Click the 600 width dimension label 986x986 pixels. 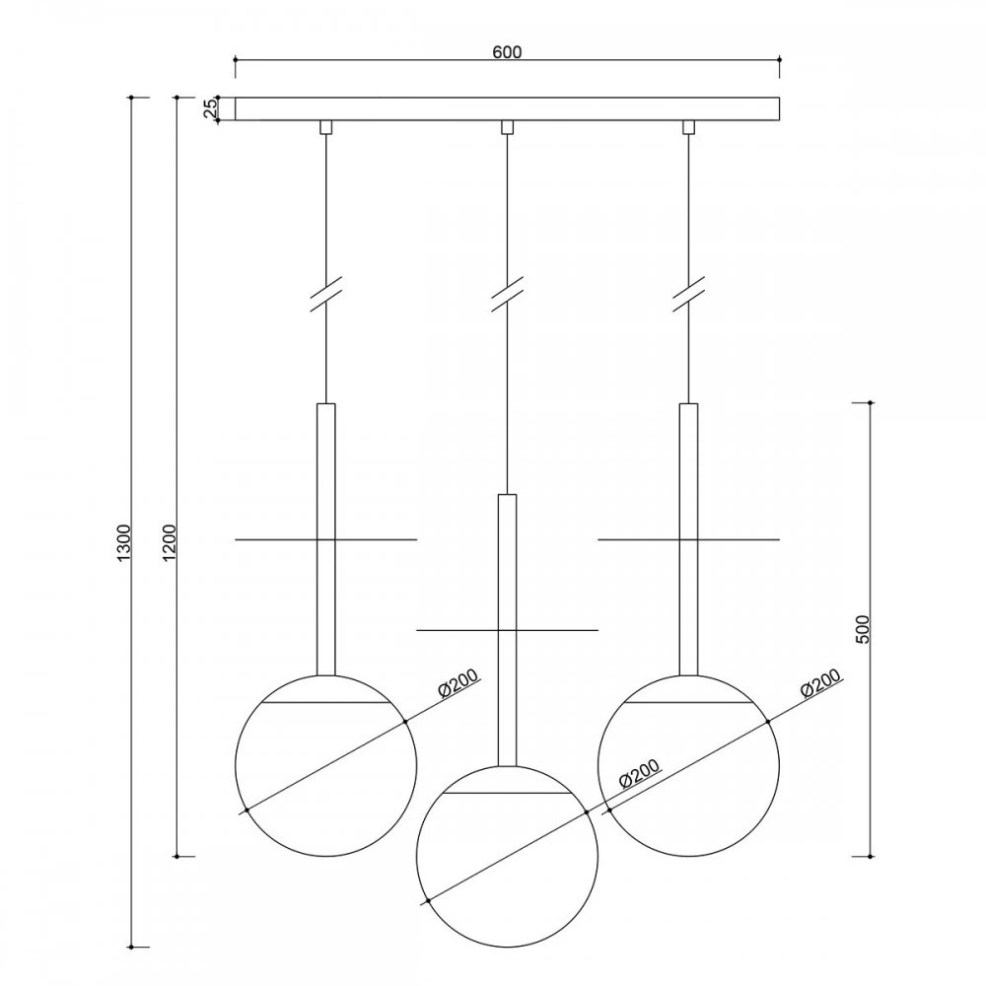click(507, 51)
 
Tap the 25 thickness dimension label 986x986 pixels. click(211, 108)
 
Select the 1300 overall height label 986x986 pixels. click(124, 542)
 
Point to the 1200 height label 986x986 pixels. click(170, 542)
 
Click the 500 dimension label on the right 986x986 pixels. click(862, 629)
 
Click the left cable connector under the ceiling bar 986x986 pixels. click(325, 127)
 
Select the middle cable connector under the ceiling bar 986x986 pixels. click(507, 127)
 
